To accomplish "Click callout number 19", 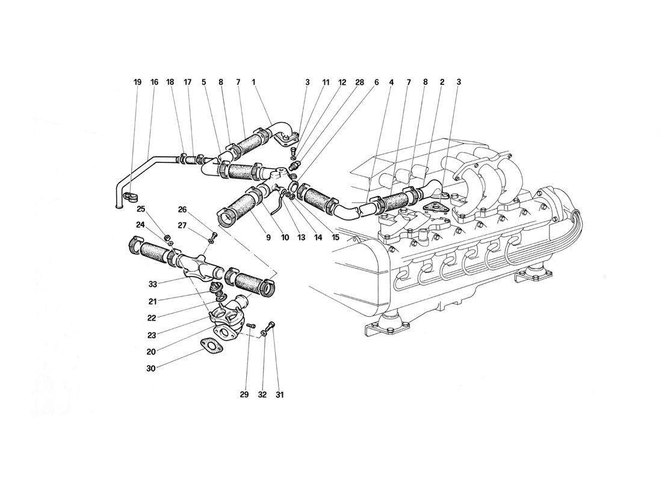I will pyautogui.click(x=138, y=82).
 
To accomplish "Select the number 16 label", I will pyautogui.click(x=155, y=82).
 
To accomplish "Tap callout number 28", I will pyautogui.click(x=360, y=82).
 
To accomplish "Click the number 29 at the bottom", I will pyautogui.click(x=244, y=395).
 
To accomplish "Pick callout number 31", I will pyautogui.click(x=280, y=395).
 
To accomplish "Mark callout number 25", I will pyautogui.click(x=141, y=209).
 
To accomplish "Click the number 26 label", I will pyautogui.click(x=183, y=209).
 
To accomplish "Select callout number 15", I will pyautogui.click(x=335, y=237).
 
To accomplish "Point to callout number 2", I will pyautogui.click(x=442, y=82).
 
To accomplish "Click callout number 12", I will pyautogui.click(x=342, y=82).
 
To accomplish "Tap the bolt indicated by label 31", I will pyautogui.click(x=273, y=324).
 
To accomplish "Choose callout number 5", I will pyautogui.click(x=204, y=82).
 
